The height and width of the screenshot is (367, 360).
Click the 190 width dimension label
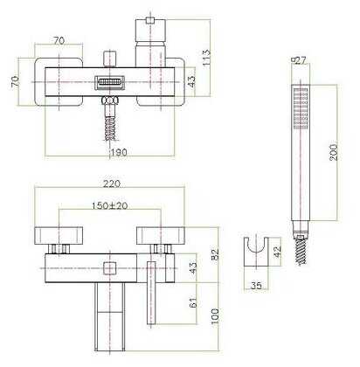[x=119, y=152]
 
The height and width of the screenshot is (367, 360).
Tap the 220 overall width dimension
[x=112, y=183]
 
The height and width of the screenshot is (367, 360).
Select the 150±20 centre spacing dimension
[x=110, y=205]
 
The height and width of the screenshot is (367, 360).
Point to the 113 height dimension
[x=205, y=58]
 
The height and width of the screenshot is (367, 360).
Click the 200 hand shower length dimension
[x=334, y=152]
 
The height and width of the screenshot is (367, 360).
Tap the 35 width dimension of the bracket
[x=256, y=286]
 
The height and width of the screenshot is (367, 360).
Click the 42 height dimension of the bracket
[x=278, y=252]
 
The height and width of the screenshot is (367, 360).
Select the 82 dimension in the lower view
[x=215, y=254]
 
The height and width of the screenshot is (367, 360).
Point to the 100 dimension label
[x=215, y=316]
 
